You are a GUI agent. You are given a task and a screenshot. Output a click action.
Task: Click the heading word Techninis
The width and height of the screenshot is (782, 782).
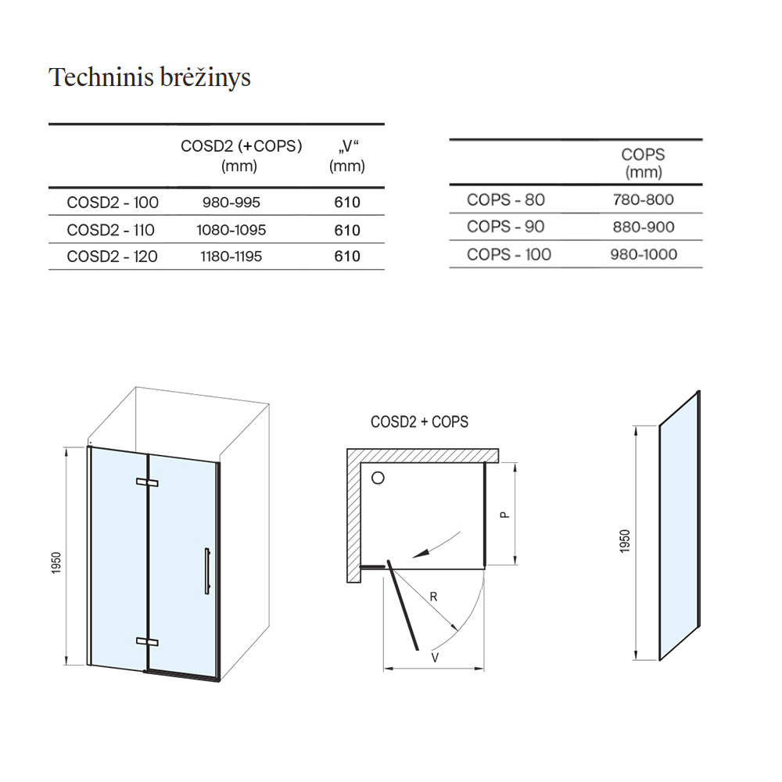[101, 77]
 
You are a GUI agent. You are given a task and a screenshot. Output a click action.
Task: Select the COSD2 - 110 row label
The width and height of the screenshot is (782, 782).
[111, 230]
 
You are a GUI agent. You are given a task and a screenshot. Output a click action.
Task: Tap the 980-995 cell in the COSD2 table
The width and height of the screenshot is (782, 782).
[231, 202]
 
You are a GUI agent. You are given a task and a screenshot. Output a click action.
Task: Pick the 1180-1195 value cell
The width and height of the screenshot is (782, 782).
[231, 256]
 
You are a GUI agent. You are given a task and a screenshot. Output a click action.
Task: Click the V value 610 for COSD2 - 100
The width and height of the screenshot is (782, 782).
[347, 202]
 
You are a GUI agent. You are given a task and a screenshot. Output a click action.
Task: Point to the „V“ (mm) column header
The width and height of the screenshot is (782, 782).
[347, 156]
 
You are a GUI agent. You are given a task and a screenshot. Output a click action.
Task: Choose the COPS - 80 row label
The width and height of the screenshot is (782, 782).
[506, 199]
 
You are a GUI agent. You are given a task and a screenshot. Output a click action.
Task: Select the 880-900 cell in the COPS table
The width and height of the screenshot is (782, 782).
[644, 227]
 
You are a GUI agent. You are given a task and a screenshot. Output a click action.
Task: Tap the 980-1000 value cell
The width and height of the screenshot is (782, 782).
[644, 254]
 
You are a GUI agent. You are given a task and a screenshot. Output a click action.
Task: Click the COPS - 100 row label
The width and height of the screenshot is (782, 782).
[509, 254]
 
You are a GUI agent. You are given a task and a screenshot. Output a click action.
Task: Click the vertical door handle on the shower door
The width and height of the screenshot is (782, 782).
[207, 571]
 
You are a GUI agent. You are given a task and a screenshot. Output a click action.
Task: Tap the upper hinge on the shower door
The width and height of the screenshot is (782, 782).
[147, 482]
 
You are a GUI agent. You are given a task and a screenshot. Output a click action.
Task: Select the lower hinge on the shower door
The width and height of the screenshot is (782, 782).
[147, 641]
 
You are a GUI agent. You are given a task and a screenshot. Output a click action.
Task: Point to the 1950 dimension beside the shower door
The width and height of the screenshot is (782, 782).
[56, 562]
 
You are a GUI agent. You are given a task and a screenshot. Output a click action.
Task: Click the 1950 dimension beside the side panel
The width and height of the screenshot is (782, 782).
[625, 540]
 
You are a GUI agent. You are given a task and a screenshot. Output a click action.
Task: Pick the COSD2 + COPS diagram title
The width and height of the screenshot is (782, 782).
[419, 422]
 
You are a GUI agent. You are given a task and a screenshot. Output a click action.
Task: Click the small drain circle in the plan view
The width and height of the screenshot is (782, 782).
[378, 479]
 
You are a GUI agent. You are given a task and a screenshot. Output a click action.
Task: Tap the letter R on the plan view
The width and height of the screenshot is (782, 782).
[433, 597]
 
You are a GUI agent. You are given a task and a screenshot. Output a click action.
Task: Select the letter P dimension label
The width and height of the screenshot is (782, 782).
[504, 515]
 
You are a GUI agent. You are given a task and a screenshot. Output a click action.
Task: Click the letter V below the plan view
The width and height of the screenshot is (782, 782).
[435, 658]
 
